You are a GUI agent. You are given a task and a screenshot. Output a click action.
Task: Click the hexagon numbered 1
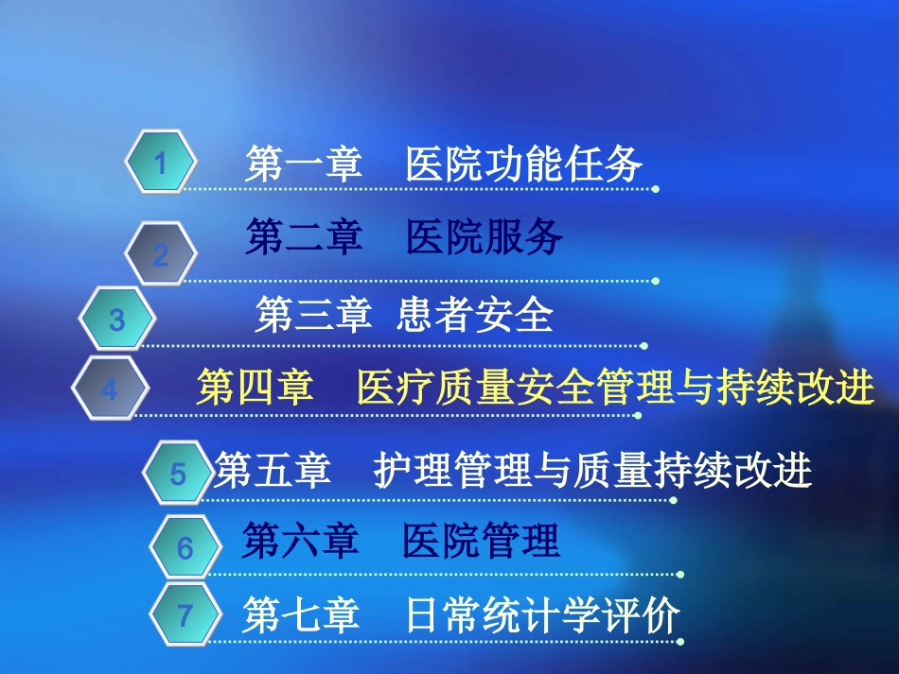pos(161,164)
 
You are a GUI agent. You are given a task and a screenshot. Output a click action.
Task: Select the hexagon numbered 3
pos(116,320)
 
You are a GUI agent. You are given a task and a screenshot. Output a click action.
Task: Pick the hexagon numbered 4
pos(110,389)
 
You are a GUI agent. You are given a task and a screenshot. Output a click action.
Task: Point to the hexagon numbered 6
pos(185,547)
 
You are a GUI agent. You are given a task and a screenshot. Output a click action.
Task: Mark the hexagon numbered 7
pos(185,616)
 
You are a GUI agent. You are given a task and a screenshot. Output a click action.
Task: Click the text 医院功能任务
pos(524,165)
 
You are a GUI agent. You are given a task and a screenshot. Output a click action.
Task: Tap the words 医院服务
pos(485,237)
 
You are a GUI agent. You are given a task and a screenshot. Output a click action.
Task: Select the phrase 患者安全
pos(474,315)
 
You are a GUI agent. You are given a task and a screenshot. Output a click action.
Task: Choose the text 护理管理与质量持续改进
pos(593,470)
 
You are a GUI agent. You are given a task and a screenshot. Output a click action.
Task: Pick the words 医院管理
pos(481,542)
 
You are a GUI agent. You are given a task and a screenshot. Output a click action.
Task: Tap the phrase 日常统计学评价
pos(542,616)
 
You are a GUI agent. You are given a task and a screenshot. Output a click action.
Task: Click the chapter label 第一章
pos(305,165)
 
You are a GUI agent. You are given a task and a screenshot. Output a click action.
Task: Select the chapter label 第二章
pos(305,237)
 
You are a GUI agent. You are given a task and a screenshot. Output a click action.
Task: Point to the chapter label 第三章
pos(313,315)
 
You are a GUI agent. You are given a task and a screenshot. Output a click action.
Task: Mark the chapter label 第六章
pos(301,542)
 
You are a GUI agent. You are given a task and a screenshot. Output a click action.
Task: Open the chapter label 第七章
pos(301,616)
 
